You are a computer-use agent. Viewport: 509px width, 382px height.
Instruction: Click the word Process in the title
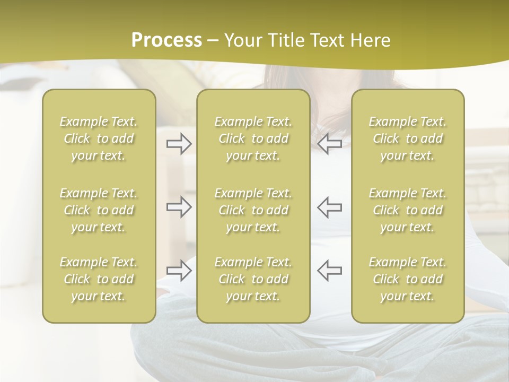pos(166,40)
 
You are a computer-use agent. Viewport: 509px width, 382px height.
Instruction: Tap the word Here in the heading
pos(371,40)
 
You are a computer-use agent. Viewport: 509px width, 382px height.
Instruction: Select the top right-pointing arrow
pos(179,144)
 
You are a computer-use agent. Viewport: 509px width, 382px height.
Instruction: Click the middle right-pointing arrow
pos(179,207)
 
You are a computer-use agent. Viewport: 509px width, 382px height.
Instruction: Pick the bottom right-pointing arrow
pos(179,271)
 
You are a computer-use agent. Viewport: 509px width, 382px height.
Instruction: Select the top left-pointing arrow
pos(329,144)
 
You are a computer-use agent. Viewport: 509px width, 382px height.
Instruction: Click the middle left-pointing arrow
pos(329,207)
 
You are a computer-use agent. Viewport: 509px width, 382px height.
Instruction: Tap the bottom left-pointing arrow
pos(329,271)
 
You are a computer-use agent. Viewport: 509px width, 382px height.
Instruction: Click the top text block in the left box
pos(99,138)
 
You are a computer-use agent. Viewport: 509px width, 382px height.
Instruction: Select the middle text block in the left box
pos(99,210)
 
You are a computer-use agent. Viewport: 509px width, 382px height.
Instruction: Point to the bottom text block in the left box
pos(99,279)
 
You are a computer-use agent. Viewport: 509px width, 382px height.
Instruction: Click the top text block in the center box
pos(253,138)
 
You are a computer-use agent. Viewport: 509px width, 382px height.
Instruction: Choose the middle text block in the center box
pos(253,210)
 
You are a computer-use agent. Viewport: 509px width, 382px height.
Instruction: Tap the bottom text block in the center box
pos(253,279)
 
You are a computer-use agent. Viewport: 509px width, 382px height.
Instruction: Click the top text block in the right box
pos(408,138)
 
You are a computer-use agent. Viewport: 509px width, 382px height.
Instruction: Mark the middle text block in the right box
pos(408,210)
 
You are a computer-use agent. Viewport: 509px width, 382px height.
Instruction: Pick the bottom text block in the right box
pos(408,279)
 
